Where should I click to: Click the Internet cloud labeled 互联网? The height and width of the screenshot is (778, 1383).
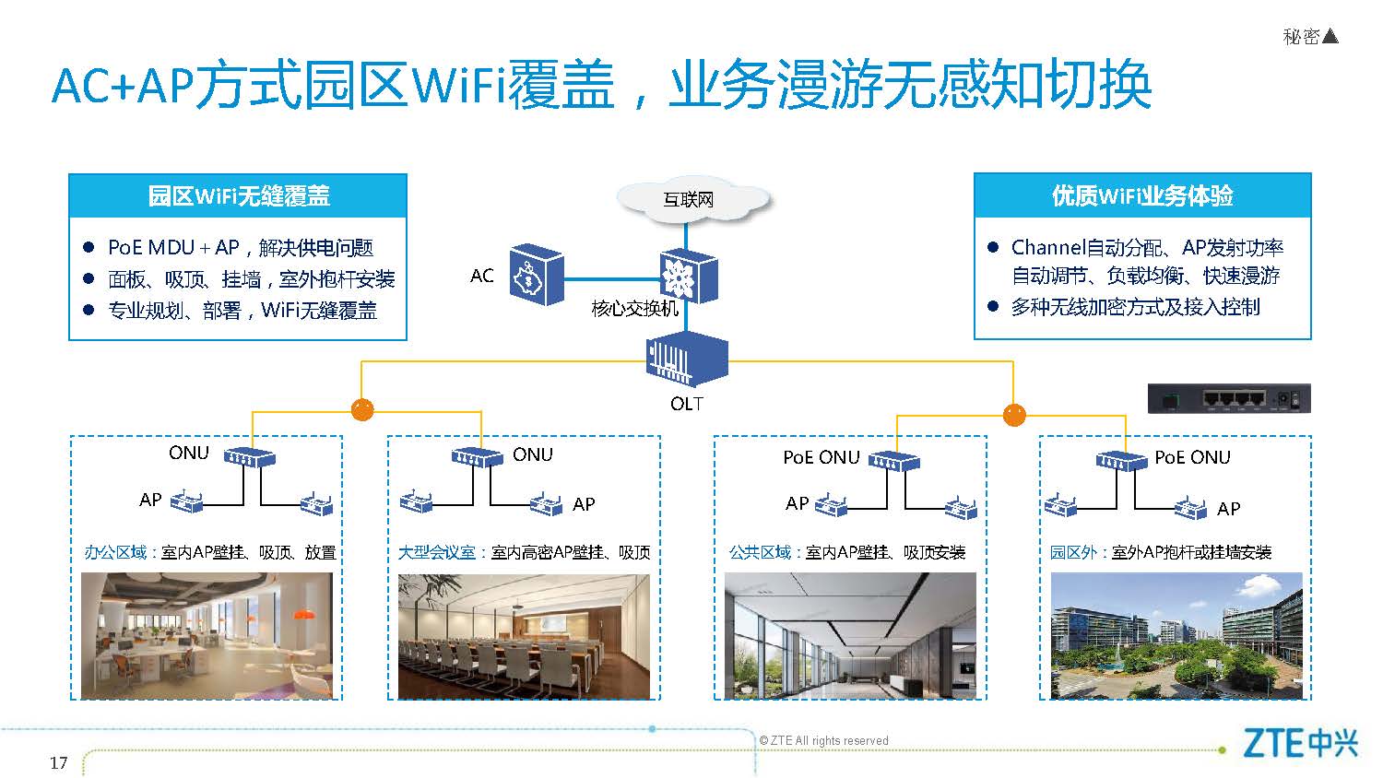pyautogui.click(x=693, y=199)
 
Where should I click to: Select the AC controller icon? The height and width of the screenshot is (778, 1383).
pyautogui.click(x=537, y=276)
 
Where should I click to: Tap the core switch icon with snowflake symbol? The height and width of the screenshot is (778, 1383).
pyautogui.click(x=689, y=276)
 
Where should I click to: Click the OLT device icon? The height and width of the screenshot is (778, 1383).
pyautogui.click(x=687, y=359)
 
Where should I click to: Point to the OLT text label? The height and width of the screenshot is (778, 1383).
pyautogui.click(x=687, y=404)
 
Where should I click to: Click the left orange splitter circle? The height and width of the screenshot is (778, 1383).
pyautogui.click(x=362, y=409)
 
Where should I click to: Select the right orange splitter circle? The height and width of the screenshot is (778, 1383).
pyautogui.click(x=1014, y=414)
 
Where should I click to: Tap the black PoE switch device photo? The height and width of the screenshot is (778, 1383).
pyautogui.click(x=1229, y=398)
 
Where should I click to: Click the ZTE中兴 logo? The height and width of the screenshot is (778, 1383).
pyautogui.click(x=1300, y=743)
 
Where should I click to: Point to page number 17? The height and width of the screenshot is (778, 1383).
pyautogui.click(x=59, y=763)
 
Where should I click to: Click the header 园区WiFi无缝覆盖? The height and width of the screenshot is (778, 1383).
pyautogui.click(x=238, y=195)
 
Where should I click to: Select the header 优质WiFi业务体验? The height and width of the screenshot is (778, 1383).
pyautogui.click(x=1142, y=195)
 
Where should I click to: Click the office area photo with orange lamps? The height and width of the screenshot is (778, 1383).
pyautogui.click(x=207, y=636)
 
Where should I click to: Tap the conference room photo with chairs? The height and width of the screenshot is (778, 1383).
pyautogui.click(x=524, y=637)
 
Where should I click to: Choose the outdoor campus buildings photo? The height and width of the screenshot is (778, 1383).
pyautogui.click(x=1176, y=636)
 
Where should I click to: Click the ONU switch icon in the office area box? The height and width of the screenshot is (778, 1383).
pyautogui.click(x=250, y=457)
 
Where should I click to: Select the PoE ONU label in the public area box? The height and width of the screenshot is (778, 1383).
pyautogui.click(x=822, y=457)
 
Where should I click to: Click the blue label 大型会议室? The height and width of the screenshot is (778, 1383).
pyautogui.click(x=436, y=552)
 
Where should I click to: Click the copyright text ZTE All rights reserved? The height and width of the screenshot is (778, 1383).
pyautogui.click(x=823, y=740)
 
